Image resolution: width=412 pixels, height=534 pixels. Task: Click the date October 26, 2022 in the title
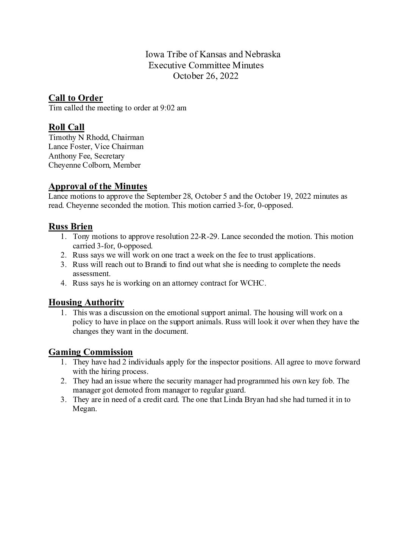(x=206, y=76)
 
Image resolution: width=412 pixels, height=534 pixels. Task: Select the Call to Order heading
(x=76, y=98)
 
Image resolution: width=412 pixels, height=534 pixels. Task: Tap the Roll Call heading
(x=66, y=127)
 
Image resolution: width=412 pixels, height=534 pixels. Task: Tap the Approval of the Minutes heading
(x=98, y=186)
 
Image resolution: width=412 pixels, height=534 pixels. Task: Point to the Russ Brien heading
(x=70, y=226)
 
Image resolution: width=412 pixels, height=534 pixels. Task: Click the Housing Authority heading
(x=86, y=302)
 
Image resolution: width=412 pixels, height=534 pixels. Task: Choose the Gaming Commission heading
(x=91, y=352)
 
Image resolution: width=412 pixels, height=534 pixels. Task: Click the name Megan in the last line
(x=84, y=409)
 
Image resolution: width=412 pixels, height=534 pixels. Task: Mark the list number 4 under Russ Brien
(x=64, y=283)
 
